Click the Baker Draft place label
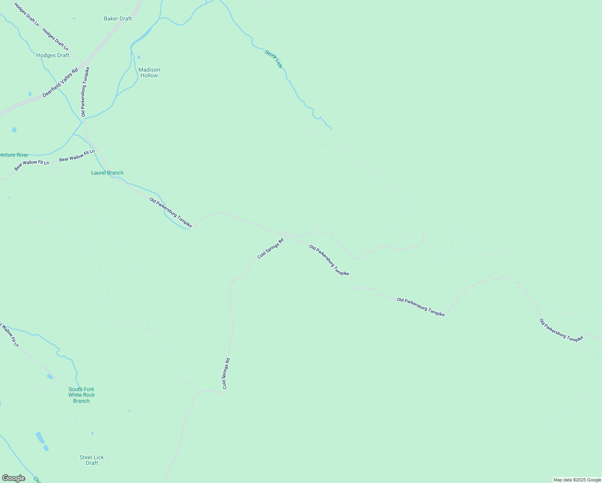click(118, 19)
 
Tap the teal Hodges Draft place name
click(53, 55)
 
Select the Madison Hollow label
click(149, 72)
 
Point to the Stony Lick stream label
click(274, 59)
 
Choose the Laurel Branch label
click(107, 173)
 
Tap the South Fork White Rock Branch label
click(81, 395)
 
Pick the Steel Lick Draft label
click(92, 460)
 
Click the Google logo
click(13, 478)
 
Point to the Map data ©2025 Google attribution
click(577, 480)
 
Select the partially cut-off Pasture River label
click(14, 155)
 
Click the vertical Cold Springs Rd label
click(226, 374)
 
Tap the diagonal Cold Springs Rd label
click(270, 249)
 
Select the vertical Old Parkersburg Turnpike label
click(85, 92)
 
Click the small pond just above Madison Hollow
click(139, 58)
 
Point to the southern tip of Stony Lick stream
click(331, 129)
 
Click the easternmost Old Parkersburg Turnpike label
click(561, 330)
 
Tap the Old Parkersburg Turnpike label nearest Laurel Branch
click(171, 213)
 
